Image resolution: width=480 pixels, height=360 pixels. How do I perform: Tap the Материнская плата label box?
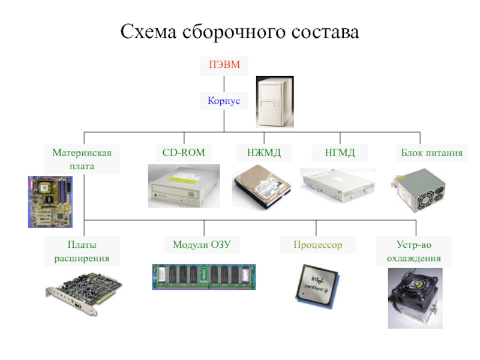pos(82,159)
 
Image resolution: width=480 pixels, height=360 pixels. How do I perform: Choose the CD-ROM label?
pos(184,153)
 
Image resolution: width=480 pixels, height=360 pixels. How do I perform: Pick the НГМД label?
pos(340,153)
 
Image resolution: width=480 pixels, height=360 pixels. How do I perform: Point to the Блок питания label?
pos(431,153)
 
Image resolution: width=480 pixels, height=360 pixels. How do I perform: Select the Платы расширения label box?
pos(82,251)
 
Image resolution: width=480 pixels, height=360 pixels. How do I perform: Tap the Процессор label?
pos(317,245)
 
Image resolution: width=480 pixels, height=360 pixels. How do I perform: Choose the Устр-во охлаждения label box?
pos(413,251)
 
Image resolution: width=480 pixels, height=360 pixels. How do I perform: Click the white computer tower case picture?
pos(275,101)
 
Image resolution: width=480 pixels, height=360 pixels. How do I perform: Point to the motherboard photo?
pos(50,201)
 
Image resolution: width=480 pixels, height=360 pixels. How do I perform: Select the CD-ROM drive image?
pos(184,185)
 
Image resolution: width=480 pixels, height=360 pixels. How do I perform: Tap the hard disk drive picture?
pos(262,187)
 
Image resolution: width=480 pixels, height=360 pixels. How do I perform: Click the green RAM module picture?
pos(204,277)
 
